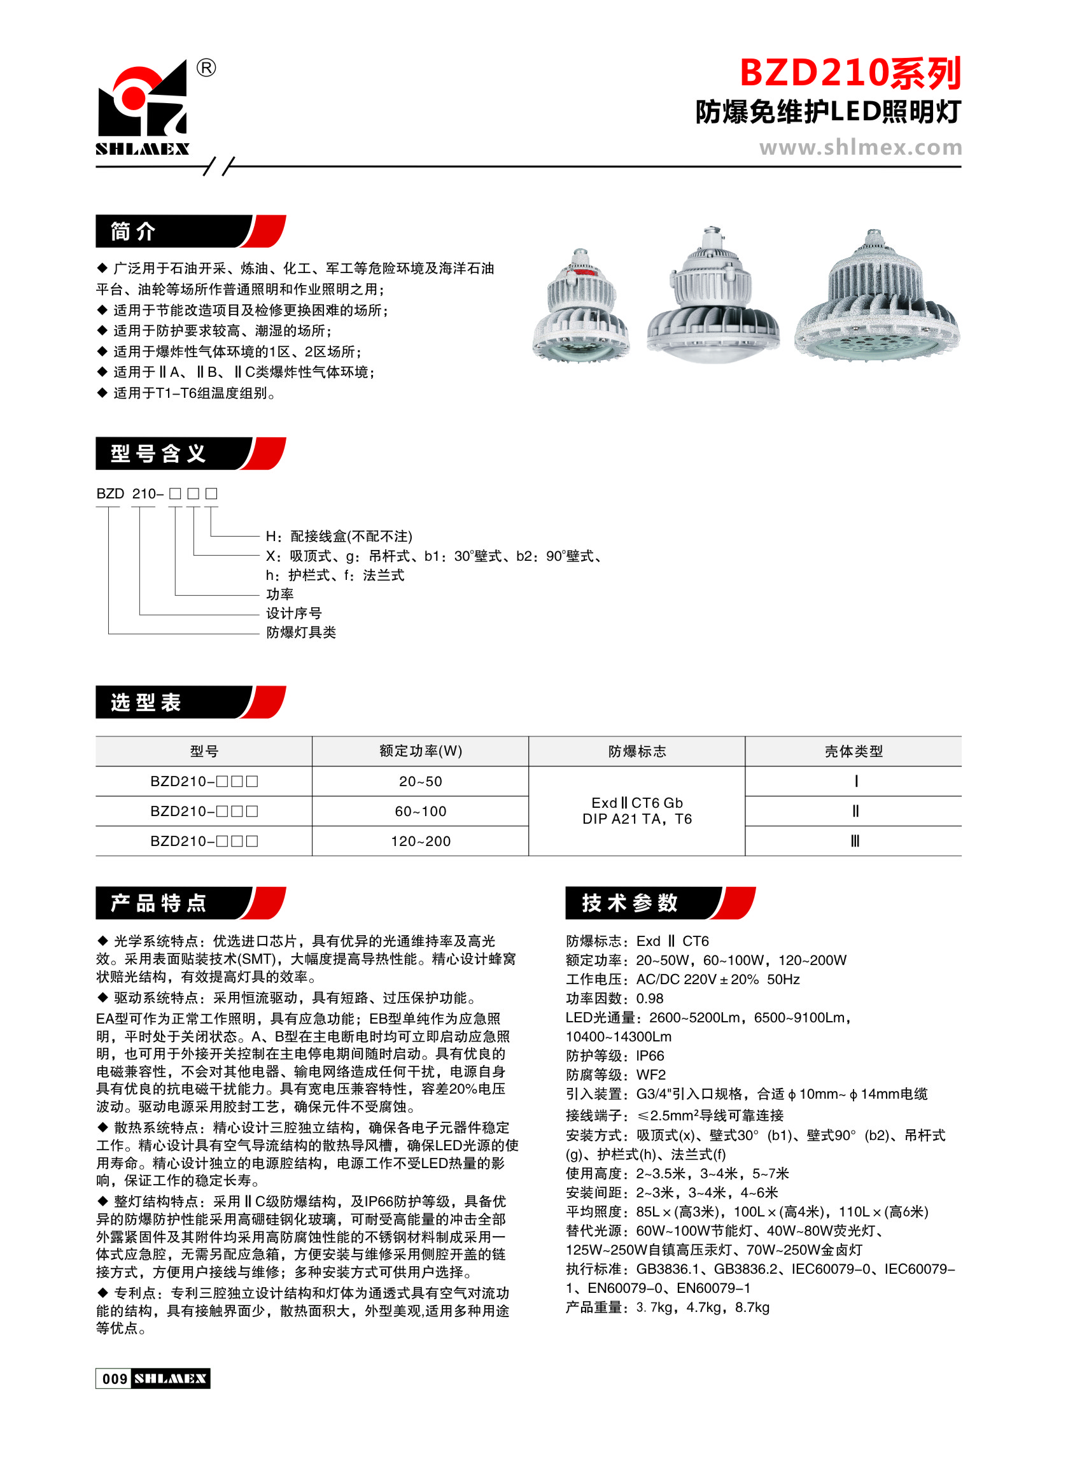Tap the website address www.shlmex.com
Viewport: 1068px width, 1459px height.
860,148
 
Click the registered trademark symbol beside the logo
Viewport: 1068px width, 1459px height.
206,67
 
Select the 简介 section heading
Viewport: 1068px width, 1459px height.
134,232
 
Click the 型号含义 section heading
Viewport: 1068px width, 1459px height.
158,454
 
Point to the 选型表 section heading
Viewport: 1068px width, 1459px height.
146,702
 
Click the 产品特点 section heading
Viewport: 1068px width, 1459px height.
158,903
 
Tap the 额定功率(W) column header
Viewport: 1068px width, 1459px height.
420,751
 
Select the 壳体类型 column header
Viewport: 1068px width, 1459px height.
854,751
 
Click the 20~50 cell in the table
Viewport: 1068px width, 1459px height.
420,782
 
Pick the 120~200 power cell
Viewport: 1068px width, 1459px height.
420,841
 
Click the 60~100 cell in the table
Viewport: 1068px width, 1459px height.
420,811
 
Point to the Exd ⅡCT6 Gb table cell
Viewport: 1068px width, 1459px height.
637,803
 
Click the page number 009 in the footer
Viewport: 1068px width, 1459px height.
115,1379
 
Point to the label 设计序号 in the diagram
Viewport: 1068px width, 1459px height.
293,614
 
